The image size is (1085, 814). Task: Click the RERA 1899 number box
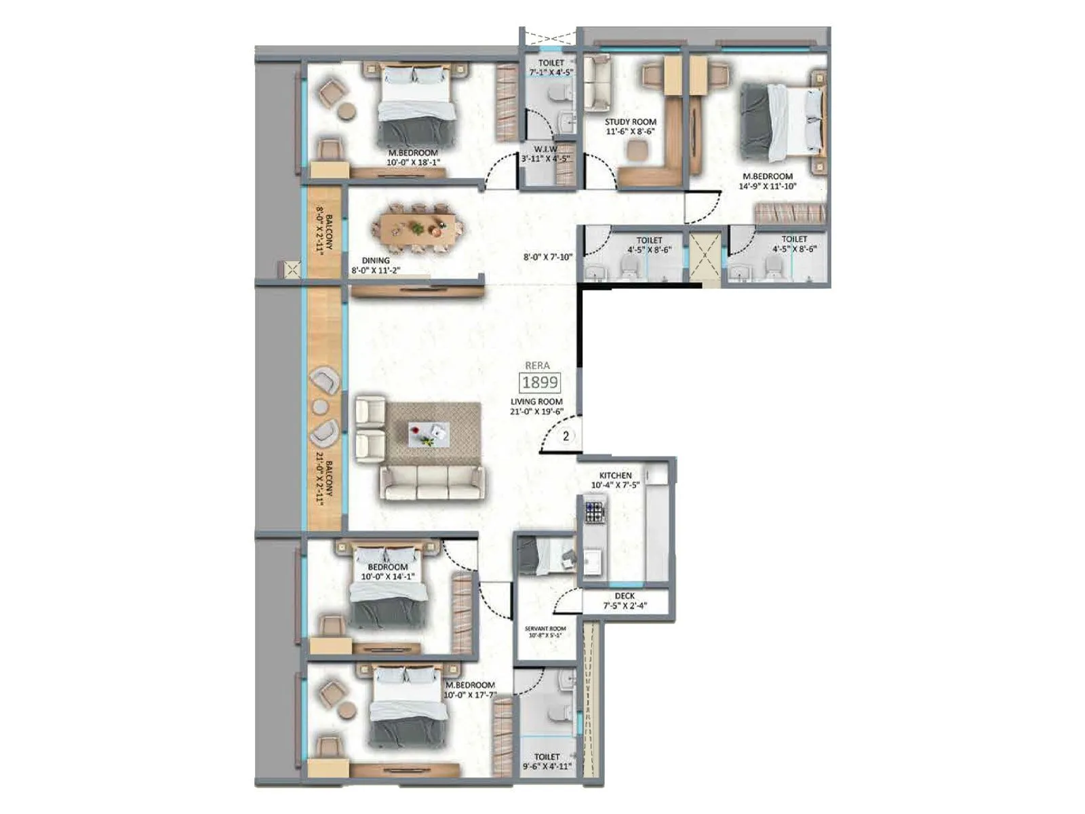540,382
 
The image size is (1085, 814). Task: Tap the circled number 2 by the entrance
566,436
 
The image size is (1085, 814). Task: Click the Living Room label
536,406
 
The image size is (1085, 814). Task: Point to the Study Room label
630,127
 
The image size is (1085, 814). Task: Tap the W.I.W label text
545,153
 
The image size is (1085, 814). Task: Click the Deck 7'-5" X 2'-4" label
625,600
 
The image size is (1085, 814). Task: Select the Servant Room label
545,632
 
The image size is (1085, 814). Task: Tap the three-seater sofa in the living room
433,482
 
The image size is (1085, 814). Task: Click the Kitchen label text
615,480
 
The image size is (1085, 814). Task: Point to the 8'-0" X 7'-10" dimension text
548,256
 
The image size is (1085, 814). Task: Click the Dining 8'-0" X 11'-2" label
380,265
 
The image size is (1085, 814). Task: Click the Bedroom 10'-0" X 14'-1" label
388,572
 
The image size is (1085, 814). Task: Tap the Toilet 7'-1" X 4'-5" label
551,66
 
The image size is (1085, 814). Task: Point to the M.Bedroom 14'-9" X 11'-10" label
766,180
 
